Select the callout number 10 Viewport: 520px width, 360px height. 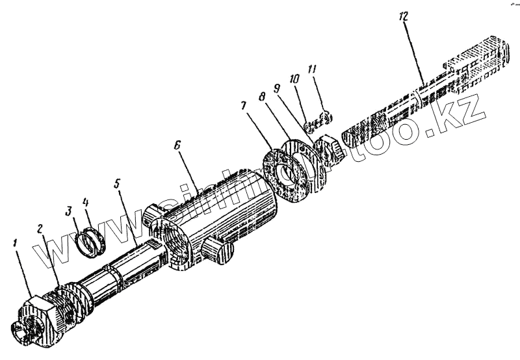tap(294, 79)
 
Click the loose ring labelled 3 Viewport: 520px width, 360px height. tap(83, 243)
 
